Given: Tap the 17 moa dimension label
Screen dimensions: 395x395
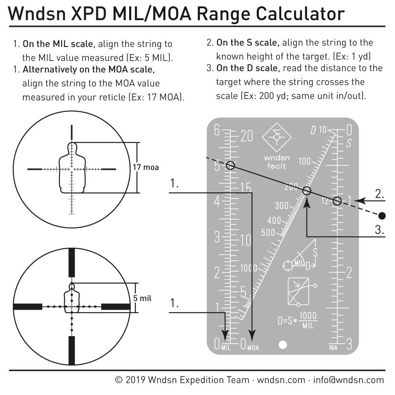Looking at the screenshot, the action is click(146, 167).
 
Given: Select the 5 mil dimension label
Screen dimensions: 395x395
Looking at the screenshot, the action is click(142, 298).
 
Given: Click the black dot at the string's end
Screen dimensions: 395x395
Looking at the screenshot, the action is click(382, 216).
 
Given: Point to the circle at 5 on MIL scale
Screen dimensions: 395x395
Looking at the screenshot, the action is click(230, 166).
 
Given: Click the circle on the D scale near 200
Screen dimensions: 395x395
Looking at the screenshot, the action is click(307, 191).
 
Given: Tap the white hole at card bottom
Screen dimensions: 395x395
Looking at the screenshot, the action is click(283, 345).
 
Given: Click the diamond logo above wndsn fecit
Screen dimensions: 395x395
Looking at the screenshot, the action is click(276, 137).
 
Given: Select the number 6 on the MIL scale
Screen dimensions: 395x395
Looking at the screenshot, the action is click(217, 130).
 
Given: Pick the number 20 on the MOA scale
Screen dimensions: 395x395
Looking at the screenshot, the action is click(246, 136).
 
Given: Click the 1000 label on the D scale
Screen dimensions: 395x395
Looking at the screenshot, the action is click(248, 268).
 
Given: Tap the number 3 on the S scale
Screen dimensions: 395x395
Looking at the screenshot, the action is click(349, 344).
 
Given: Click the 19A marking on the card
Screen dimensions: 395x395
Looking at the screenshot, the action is click(333, 348).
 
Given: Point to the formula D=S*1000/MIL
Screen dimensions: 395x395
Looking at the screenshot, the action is click(297, 320).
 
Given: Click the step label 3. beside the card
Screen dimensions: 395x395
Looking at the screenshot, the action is click(379, 230).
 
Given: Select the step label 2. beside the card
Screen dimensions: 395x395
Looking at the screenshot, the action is click(380, 194).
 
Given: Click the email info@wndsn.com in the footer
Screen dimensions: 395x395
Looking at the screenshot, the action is click(348, 380).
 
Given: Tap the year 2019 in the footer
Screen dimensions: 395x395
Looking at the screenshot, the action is click(135, 380).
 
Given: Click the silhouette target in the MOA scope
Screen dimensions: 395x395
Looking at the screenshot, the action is click(72, 168).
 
